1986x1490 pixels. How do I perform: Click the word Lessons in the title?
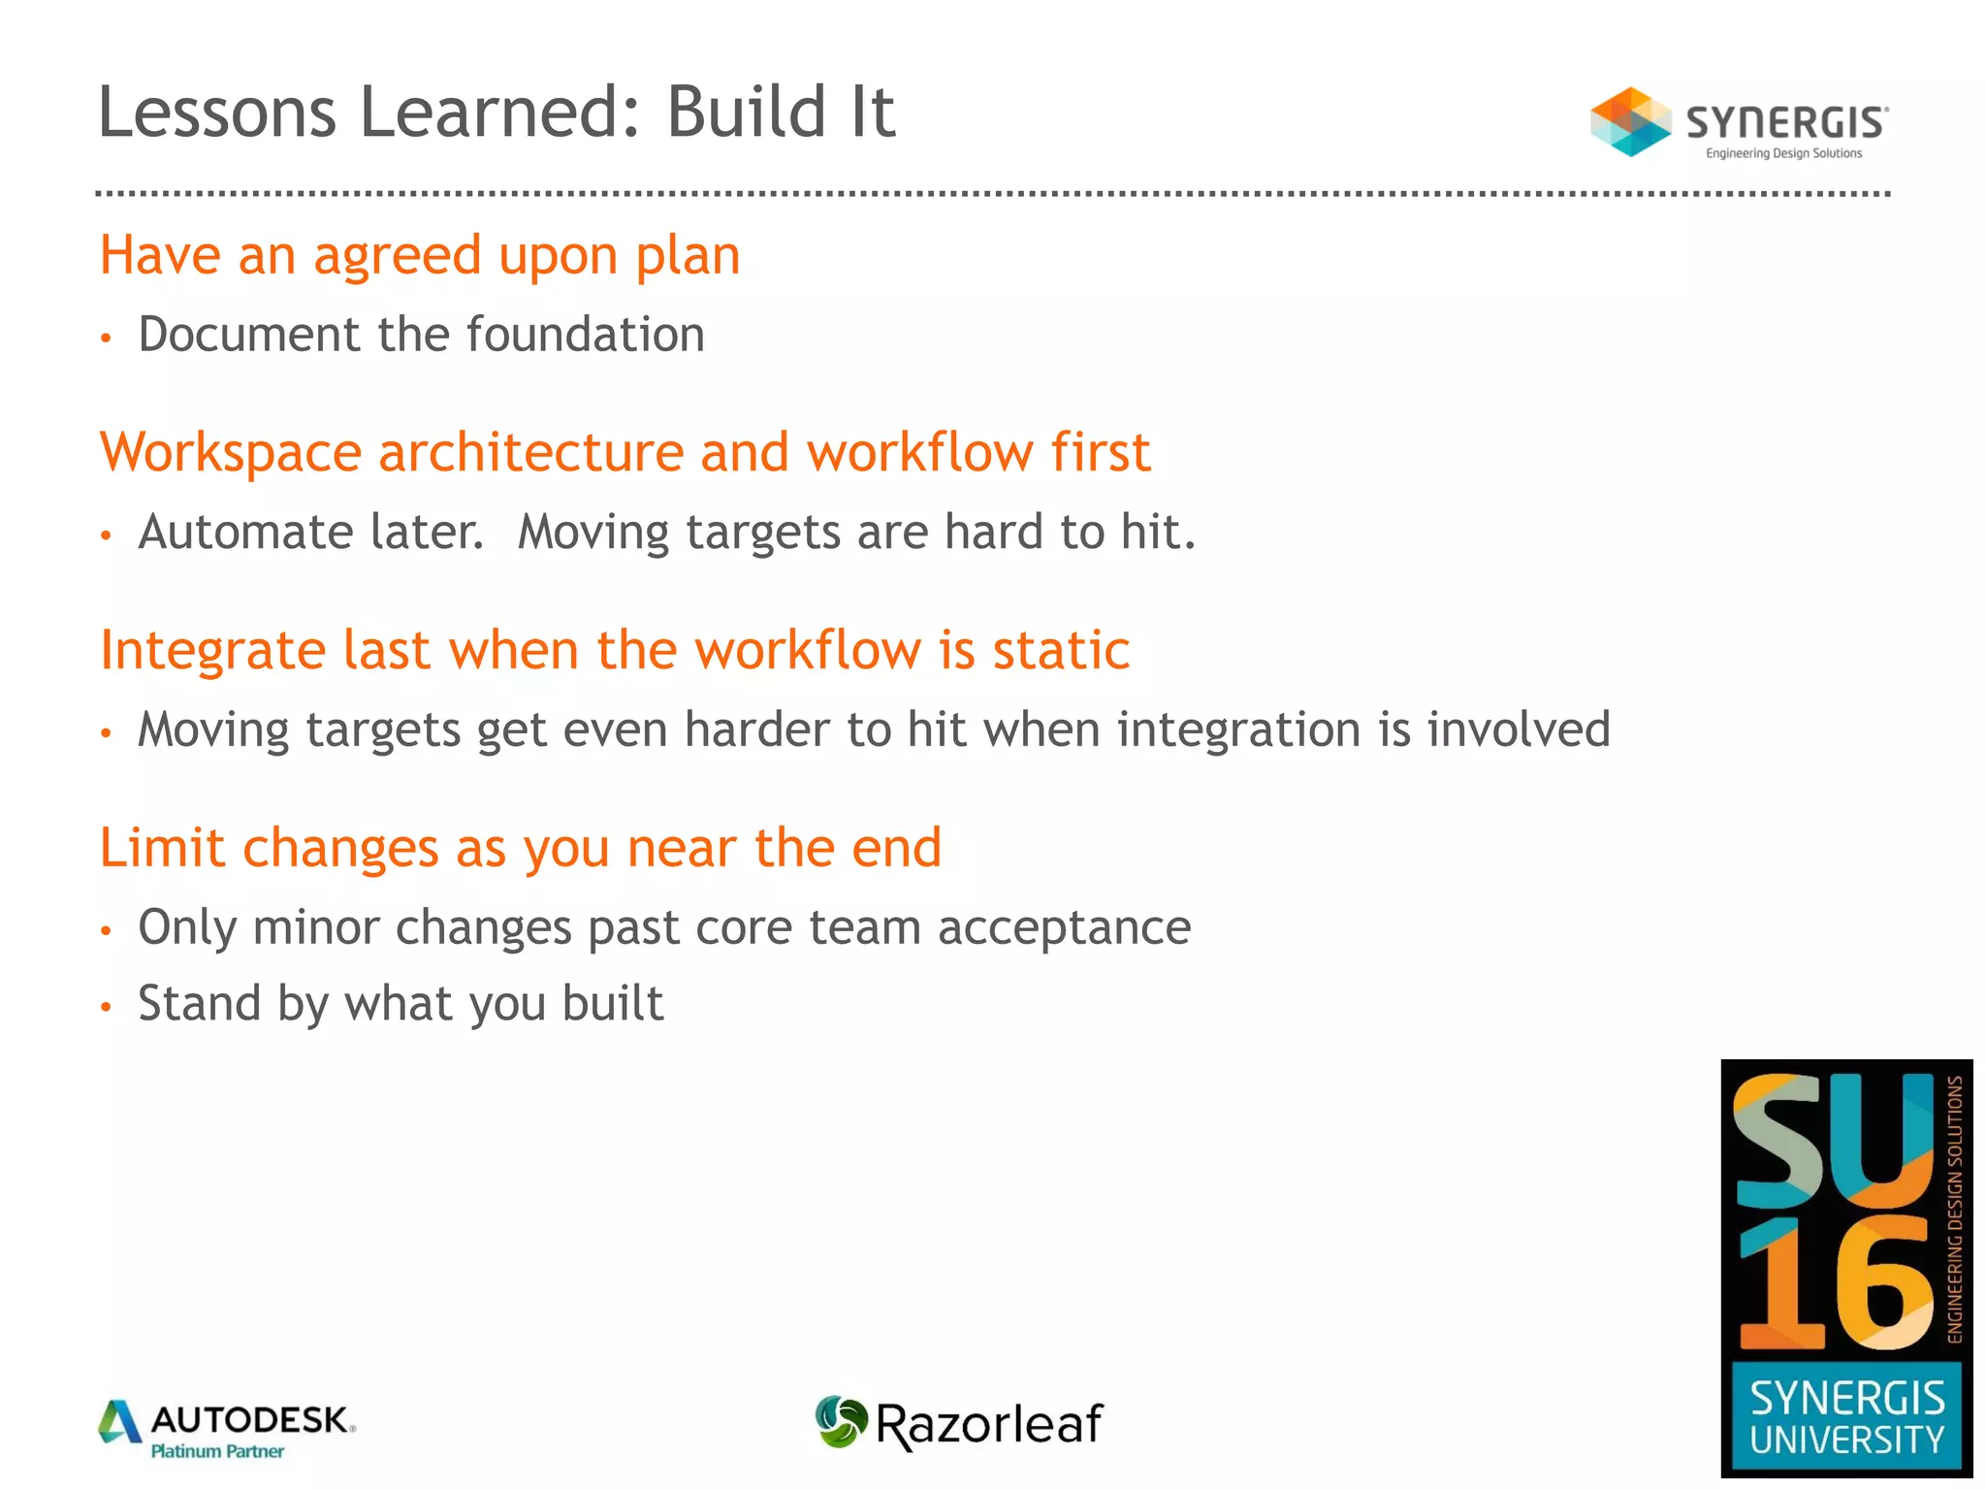pos(217,113)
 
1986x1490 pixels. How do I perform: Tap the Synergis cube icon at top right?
pos(1629,122)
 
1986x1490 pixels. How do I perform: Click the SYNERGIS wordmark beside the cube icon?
pos(1786,123)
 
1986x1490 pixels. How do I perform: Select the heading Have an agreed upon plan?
pos(420,256)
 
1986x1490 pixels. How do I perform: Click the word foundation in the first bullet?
pos(585,335)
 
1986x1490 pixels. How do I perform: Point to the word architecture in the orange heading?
pos(530,453)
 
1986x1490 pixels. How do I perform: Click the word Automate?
pos(310,533)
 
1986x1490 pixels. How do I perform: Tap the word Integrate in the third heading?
pos(213,651)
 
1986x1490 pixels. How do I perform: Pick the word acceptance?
pos(1064,927)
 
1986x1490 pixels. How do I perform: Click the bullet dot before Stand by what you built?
pos(107,1007)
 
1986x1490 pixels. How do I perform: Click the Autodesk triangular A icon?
pos(120,1422)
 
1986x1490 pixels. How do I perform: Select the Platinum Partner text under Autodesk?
pos(217,1452)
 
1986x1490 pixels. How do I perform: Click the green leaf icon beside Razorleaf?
pos(840,1422)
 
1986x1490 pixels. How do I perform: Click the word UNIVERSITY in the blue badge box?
pos(1846,1441)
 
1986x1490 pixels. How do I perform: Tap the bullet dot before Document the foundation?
pos(107,339)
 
